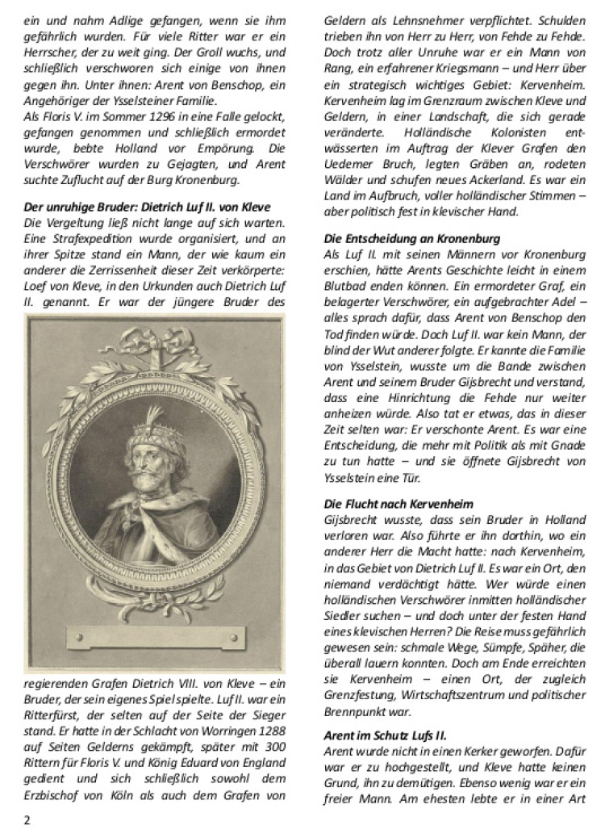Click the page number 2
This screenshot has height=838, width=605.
(27, 819)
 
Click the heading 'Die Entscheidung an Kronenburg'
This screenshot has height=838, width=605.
(412, 238)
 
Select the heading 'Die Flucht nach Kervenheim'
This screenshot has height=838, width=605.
(398, 504)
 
